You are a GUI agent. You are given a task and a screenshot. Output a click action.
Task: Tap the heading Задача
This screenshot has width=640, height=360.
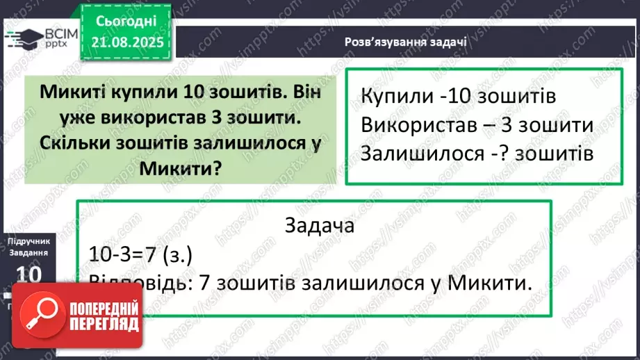pyautogui.click(x=320, y=226)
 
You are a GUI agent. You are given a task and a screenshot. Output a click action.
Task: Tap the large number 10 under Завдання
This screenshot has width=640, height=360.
pyautogui.click(x=28, y=272)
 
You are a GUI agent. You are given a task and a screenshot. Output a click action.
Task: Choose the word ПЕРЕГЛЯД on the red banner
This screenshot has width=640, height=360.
pyautogui.click(x=104, y=323)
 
